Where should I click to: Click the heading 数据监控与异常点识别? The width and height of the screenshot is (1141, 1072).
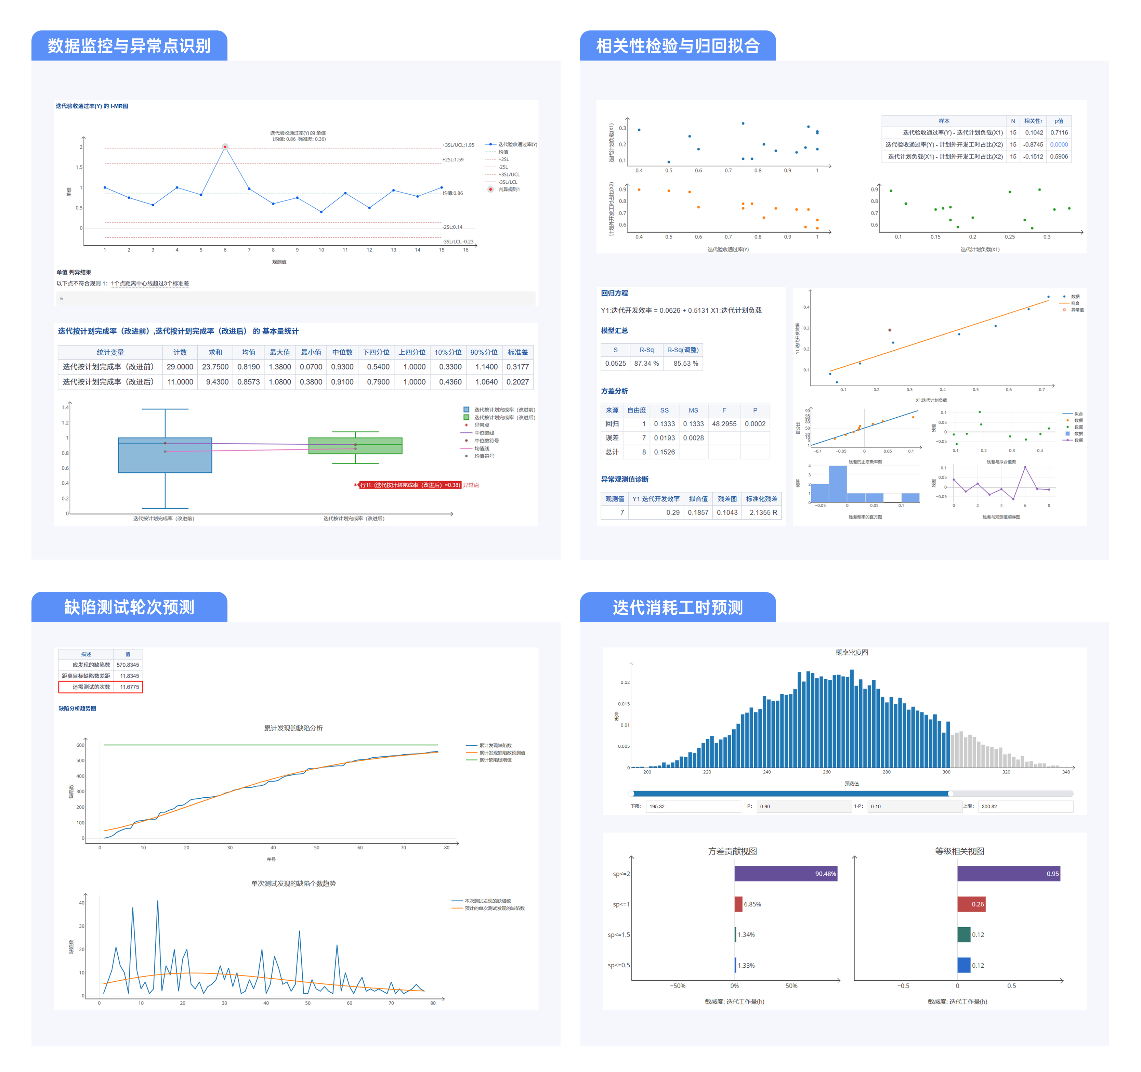point(129,46)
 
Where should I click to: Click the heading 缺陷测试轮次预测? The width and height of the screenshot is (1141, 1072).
point(129,607)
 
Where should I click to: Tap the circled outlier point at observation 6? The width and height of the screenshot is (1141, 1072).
point(225,147)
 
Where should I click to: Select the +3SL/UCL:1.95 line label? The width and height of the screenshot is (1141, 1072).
point(458,145)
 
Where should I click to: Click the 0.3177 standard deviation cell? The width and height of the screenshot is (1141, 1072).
point(517,367)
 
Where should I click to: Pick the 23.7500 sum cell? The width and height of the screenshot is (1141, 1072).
point(215,367)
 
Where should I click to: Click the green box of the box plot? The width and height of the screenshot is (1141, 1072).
point(355,446)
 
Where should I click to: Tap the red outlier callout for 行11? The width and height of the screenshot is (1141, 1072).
point(410,485)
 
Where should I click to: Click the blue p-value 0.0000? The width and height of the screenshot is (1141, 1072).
point(1059,145)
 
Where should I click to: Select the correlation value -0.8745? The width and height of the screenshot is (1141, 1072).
point(1033,145)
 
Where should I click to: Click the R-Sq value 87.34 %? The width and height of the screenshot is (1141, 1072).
point(646,363)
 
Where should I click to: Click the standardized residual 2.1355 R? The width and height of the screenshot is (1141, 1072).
point(763,512)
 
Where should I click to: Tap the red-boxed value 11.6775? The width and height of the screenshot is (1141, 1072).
point(129,687)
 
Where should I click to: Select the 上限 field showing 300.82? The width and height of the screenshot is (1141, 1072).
point(1024,806)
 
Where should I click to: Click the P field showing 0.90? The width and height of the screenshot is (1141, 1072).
point(803,806)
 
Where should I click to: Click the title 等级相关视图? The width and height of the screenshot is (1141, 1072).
point(960,851)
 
